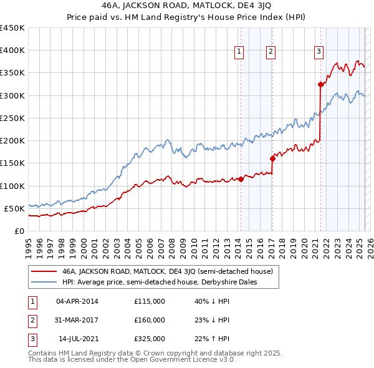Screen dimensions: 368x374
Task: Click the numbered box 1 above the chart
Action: pyautogui.click(x=239, y=52)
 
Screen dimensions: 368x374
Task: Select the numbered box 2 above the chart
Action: pyautogui.click(x=271, y=52)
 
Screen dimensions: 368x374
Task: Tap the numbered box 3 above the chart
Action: pyautogui.click(x=319, y=52)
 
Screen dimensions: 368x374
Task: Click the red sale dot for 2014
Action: pyautogui.click(x=241, y=179)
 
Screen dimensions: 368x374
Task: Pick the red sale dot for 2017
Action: pyautogui.click(x=272, y=158)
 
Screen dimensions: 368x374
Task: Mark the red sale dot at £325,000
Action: pyautogui.click(x=320, y=84)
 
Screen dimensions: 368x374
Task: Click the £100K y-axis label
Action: pyautogui.click(x=12, y=186)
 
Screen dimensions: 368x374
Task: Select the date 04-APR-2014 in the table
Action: pyautogui.click(x=77, y=301)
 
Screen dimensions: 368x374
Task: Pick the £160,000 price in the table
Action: pyautogui.click(x=150, y=320)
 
